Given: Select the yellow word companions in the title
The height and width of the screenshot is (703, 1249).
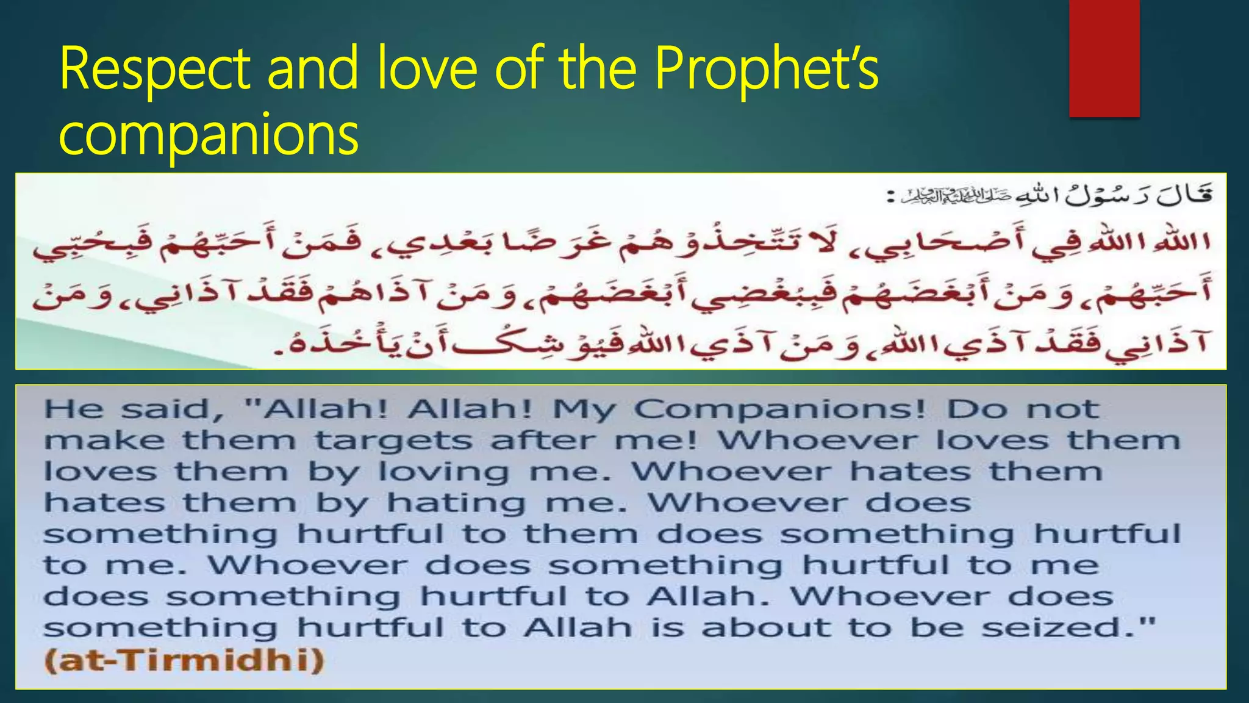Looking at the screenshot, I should pos(209,135).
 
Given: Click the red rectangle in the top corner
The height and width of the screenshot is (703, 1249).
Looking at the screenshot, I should pos(1104,58).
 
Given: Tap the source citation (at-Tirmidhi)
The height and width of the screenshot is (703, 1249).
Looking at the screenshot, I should pos(184,660).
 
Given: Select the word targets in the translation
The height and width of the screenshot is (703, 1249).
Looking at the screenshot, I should pos(393,441).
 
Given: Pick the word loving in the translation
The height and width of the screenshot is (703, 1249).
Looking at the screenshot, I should pos(443,472).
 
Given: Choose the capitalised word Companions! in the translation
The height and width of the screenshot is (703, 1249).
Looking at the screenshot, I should pos(779,409).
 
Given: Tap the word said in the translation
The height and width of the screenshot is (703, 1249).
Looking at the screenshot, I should pos(171,409).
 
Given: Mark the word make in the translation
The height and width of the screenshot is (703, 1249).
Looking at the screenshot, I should pos(104,441).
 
